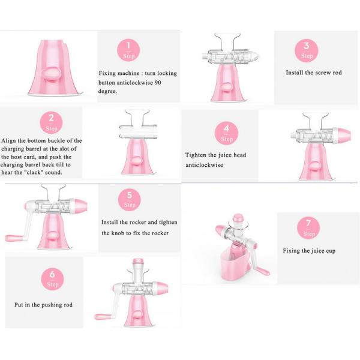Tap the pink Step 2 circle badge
(x=51, y=123)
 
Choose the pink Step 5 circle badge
(x=130, y=199)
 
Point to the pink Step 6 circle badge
(x=52, y=279)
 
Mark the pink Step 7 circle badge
(x=309, y=228)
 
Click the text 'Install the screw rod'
(x=313, y=73)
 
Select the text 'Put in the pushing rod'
(x=43, y=305)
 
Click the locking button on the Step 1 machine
(x=52, y=74)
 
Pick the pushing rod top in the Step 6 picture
(x=137, y=262)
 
